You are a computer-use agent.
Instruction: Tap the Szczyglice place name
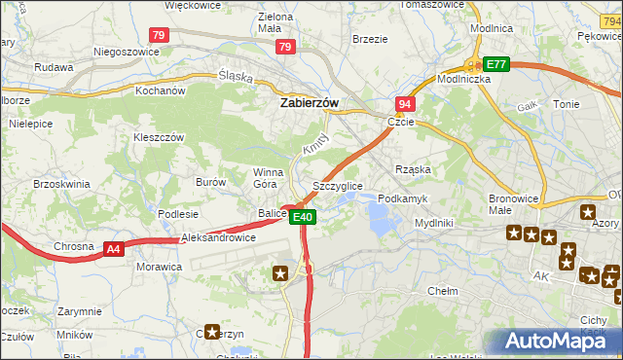pos(338,185)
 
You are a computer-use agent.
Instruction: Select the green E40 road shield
pos(303,217)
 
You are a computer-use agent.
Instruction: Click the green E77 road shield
pos(496,64)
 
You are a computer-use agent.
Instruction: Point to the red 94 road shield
pos(405,103)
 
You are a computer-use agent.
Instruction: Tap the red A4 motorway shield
pos(114,249)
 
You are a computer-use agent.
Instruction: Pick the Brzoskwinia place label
pos(61,183)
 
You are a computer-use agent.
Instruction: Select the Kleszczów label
pos(159,138)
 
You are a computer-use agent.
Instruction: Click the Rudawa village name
pos(54,68)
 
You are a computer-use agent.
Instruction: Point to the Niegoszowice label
pos(126,52)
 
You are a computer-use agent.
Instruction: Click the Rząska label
pos(413,169)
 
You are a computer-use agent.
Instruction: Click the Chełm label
pos(443,291)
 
